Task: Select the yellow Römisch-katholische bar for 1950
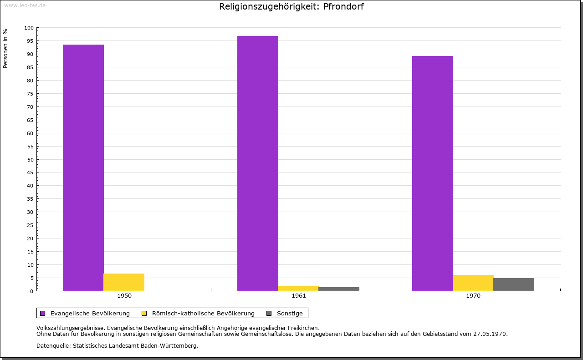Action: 124,282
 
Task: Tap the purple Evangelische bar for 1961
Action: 258,163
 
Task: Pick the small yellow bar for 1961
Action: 298,289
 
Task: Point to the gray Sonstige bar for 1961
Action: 339,289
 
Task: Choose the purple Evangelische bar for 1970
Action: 433,173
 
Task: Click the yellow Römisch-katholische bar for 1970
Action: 473,283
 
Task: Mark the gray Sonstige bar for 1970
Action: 514,284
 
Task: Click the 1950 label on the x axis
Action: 124,296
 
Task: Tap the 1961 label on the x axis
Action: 299,296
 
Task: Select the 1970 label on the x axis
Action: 473,296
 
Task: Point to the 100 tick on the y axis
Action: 29,28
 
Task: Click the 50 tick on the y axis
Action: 31,159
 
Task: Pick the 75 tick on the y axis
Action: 31,94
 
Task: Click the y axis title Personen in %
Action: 5,48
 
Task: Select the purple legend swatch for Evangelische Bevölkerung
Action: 43,313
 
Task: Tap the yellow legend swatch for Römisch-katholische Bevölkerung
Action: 144,313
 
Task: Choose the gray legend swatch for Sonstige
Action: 269,313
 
